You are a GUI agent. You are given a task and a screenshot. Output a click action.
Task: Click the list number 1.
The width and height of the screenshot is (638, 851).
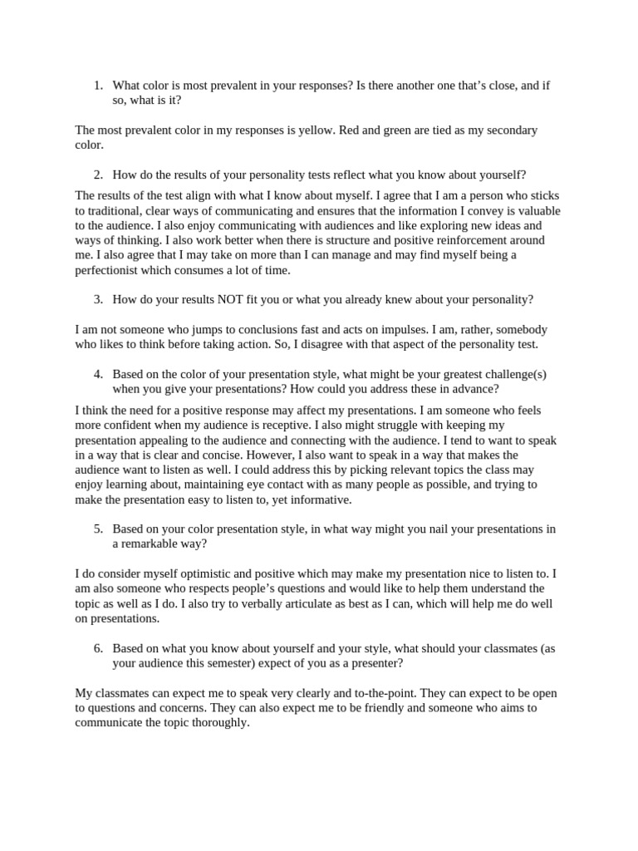click(97, 85)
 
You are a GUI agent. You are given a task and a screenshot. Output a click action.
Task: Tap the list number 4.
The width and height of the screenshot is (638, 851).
click(97, 373)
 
